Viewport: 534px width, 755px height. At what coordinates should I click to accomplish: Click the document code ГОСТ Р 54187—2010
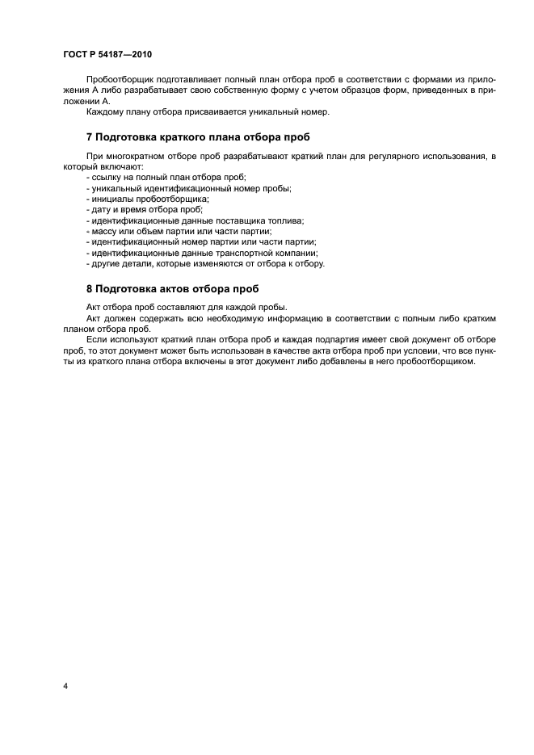pos(107,54)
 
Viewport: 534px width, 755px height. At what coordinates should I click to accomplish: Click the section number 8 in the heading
pos(90,288)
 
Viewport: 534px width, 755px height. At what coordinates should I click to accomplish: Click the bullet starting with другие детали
pos(204,263)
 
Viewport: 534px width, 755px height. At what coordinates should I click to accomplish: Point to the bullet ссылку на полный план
pos(165,176)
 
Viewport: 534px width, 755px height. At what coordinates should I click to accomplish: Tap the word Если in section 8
pos(95,339)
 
